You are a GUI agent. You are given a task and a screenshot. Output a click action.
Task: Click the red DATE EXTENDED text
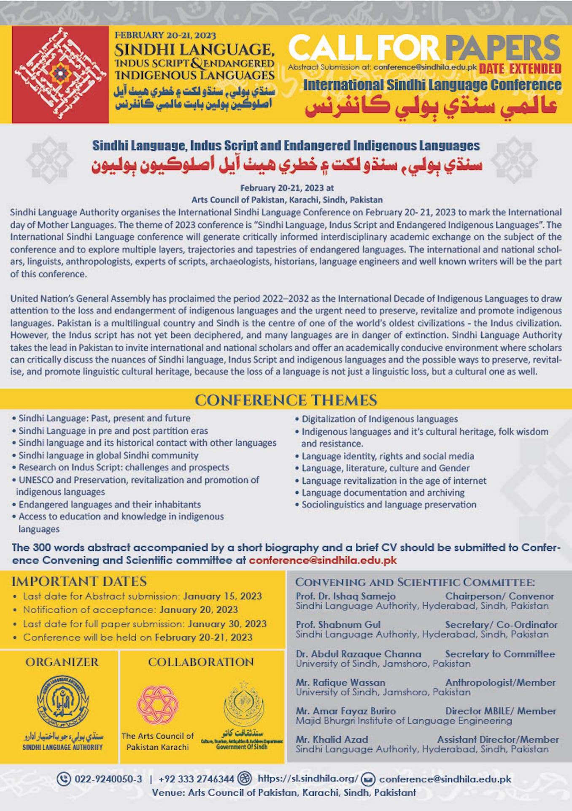pos(520,68)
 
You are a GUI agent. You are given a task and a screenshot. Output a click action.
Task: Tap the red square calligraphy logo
pos(60,74)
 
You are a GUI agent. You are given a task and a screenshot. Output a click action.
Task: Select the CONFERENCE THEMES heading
pos(286,400)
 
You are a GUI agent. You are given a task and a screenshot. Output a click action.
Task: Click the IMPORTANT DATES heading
pos(79,581)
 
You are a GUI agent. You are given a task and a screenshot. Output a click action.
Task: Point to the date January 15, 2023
pos(222,596)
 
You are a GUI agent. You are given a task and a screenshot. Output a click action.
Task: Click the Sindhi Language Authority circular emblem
pos(63,702)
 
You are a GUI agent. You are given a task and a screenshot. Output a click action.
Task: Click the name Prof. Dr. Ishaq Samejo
pos(345,596)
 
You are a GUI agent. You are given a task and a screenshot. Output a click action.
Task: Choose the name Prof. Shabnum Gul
pos(338,624)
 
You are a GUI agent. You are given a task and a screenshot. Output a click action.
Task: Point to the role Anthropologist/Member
pos(500,682)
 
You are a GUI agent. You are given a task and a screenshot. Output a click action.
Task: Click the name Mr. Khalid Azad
pos(332,739)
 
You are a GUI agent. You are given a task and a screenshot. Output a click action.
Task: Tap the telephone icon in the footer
pos(64,778)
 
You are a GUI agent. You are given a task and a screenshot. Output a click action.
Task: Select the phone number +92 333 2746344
pos(196,779)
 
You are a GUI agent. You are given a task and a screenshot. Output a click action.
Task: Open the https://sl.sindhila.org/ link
pos(308,778)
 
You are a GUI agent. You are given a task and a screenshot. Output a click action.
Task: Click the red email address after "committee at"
pos(323,560)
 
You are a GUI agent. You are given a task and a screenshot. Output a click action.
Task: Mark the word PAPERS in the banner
pos(503,47)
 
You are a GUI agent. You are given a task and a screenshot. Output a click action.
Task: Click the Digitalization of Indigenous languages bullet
pos(379,419)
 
